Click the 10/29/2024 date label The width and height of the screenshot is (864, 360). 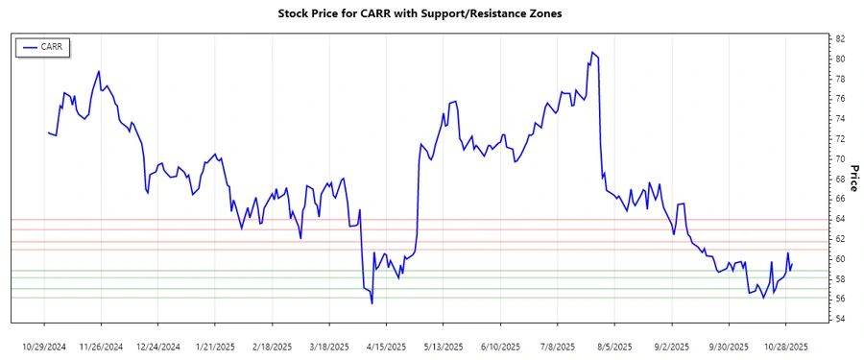point(44,346)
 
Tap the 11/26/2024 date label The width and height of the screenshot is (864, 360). point(101,346)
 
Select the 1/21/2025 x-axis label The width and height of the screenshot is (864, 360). point(215,346)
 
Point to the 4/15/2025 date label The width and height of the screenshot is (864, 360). point(386,346)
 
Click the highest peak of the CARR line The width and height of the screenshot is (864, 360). point(592,52)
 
